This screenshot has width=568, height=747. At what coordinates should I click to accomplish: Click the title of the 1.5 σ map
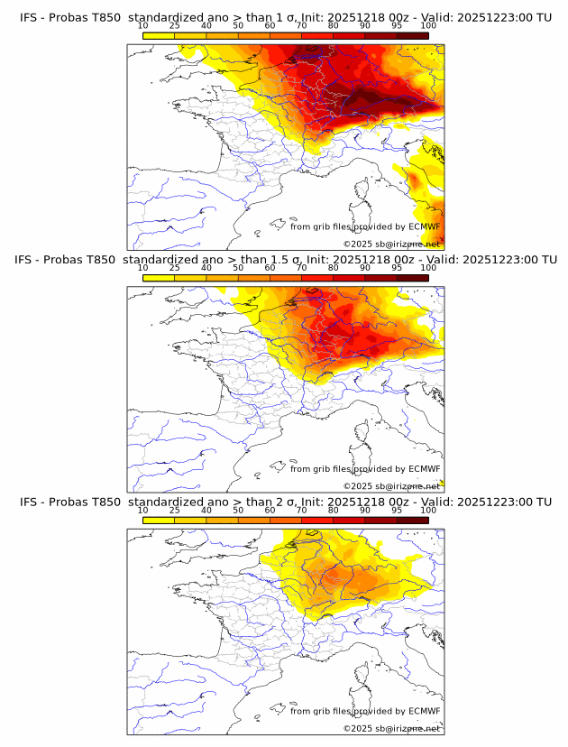285,260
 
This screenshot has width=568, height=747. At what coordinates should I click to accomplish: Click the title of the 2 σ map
285,502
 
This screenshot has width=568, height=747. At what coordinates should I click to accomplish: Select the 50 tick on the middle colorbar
238,268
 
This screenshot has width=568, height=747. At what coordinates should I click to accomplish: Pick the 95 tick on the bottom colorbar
397,511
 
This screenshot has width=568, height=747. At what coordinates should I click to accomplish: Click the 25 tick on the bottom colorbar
175,511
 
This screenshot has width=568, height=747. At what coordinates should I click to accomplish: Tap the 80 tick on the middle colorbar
334,268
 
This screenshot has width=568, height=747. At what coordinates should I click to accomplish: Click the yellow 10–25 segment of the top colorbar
159,35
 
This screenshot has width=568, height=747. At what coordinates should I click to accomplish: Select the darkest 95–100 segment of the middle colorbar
413,278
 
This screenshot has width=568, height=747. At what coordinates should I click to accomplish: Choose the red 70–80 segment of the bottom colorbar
317,521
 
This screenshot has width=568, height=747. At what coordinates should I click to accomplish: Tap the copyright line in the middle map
391,486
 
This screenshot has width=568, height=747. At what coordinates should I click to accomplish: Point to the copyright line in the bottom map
391,728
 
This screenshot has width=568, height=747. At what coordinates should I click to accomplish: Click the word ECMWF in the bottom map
425,711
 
